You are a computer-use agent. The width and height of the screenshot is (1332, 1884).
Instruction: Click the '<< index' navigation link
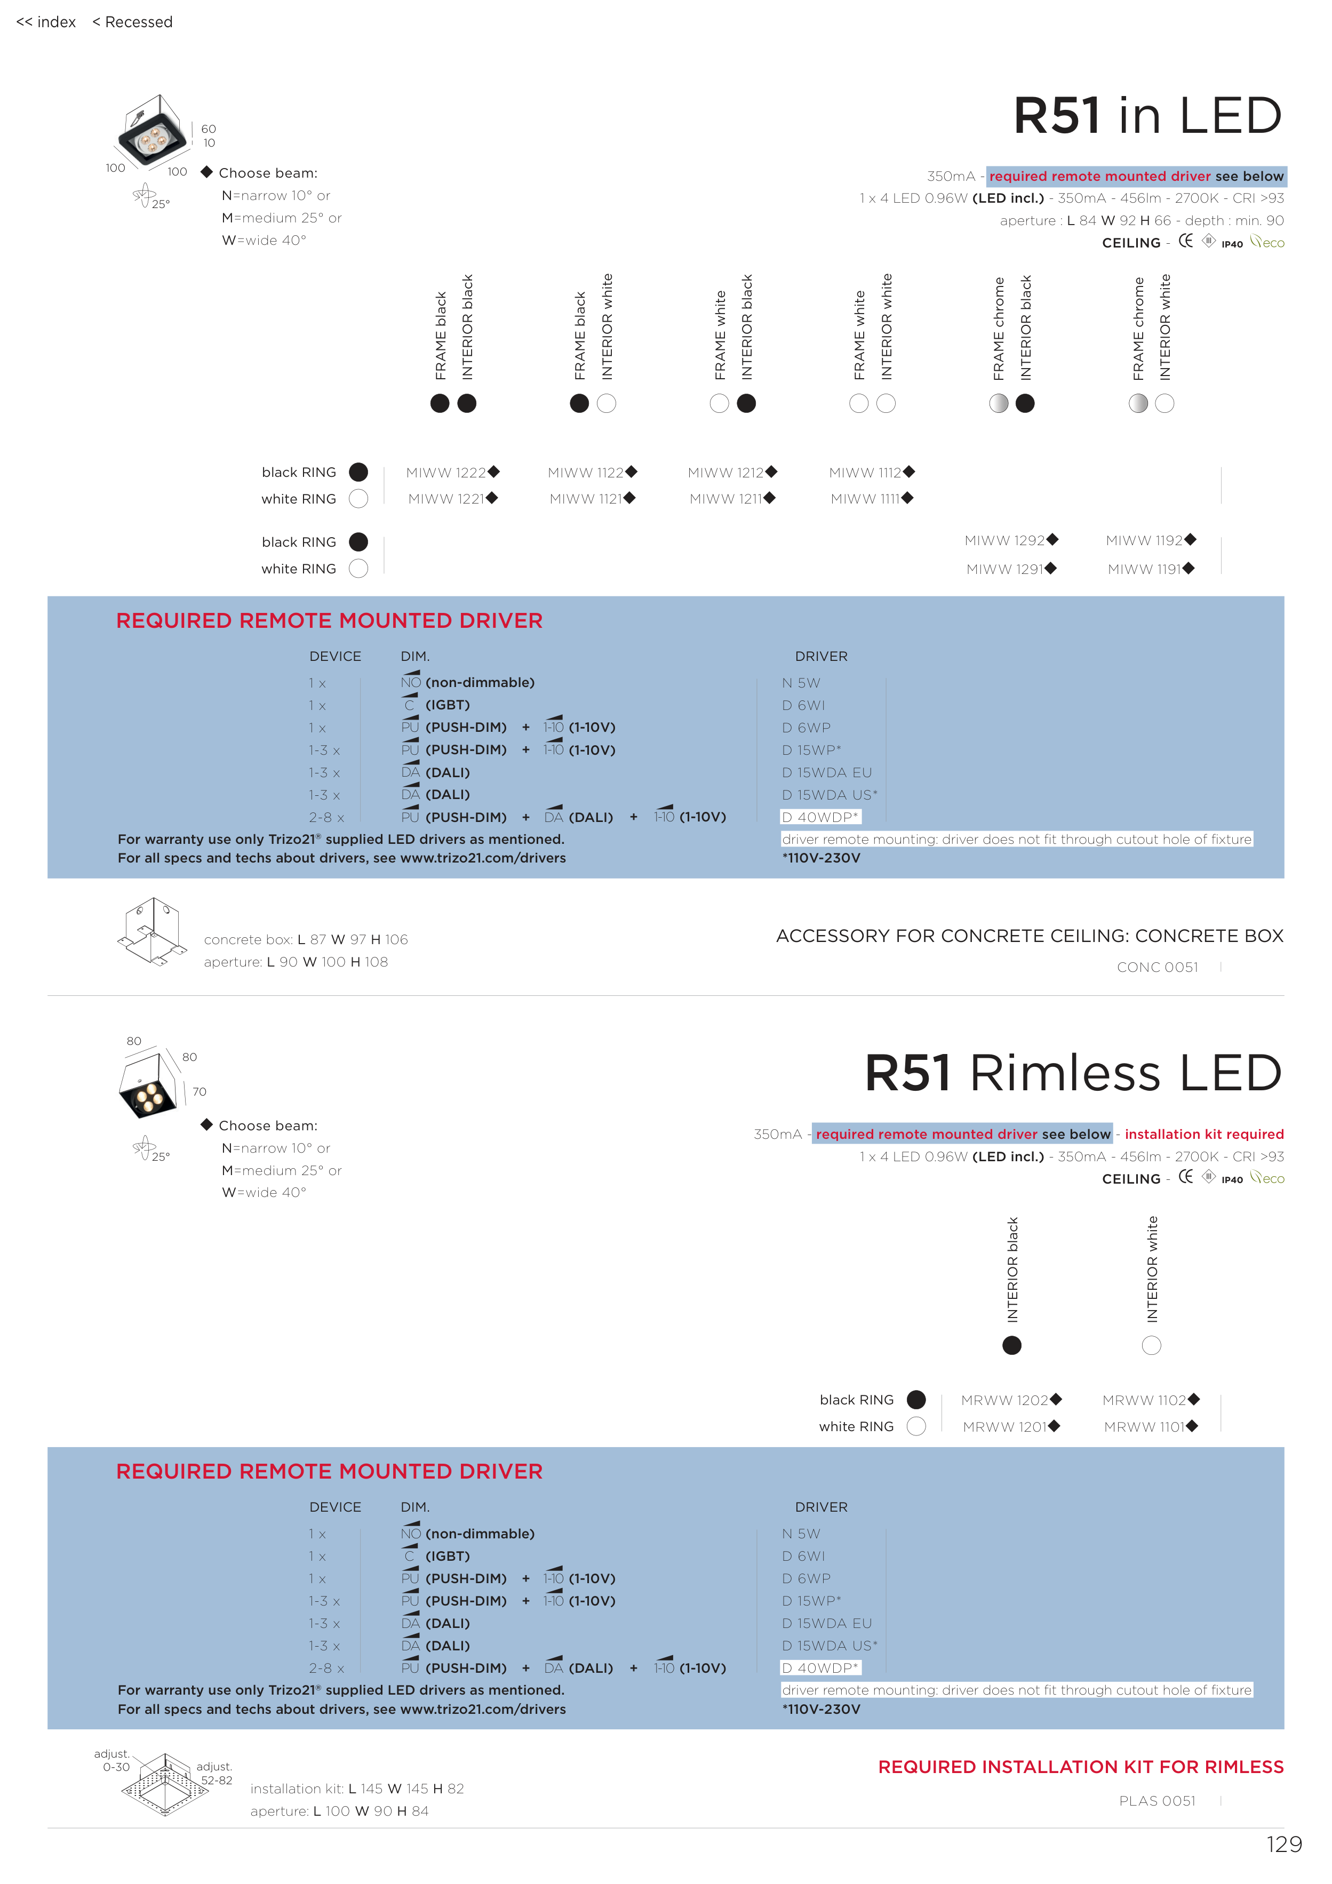(x=46, y=22)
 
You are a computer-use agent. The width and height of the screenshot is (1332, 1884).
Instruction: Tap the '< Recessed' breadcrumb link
(x=132, y=22)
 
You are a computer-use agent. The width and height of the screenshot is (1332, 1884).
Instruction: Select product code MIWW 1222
(x=447, y=473)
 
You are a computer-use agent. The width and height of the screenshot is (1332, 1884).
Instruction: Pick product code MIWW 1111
(x=866, y=499)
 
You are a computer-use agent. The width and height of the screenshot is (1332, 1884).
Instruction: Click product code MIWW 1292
(x=1006, y=541)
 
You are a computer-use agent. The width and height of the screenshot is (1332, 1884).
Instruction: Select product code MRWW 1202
(x=1006, y=1401)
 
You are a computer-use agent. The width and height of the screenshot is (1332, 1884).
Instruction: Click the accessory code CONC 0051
(x=1157, y=968)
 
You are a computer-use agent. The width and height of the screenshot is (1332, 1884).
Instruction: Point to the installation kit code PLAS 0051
(x=1157, y=1801)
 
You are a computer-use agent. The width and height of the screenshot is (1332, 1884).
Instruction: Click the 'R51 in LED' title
(x=1147, y=116)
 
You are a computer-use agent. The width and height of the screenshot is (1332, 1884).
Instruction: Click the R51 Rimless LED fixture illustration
(x=149, y=1085)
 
